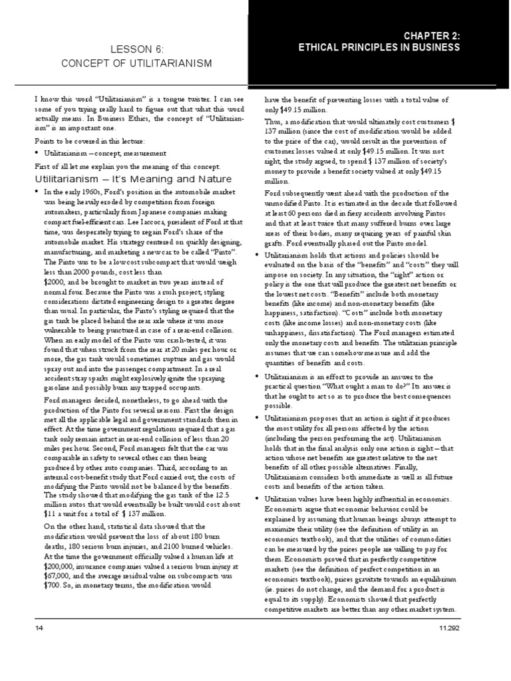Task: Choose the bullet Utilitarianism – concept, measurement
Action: click(100, 154)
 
